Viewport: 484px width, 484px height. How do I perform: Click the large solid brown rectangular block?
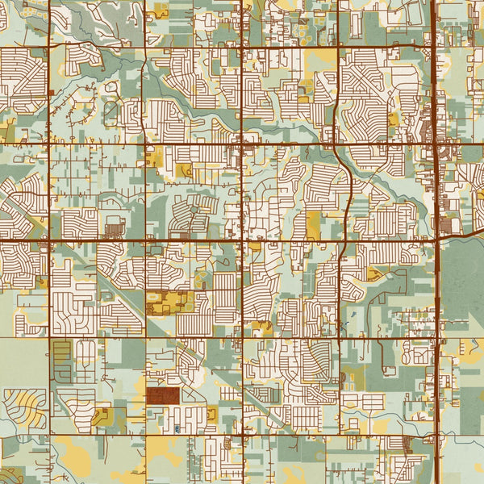point(163,395)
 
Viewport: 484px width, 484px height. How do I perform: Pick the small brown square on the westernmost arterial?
point(50,94)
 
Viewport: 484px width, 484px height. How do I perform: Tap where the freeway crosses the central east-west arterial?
point(435,240)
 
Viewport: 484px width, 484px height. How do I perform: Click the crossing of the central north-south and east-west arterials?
point(243,240)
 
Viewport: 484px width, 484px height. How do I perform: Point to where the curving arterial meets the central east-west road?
point(344,240)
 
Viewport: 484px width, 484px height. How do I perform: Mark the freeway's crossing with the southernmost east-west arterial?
point(435,436)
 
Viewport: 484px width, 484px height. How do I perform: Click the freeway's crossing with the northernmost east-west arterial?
point(435,47)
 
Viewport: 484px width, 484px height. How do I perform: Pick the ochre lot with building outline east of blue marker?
point(211,414)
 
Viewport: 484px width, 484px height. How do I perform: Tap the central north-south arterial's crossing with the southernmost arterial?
point(243,436)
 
